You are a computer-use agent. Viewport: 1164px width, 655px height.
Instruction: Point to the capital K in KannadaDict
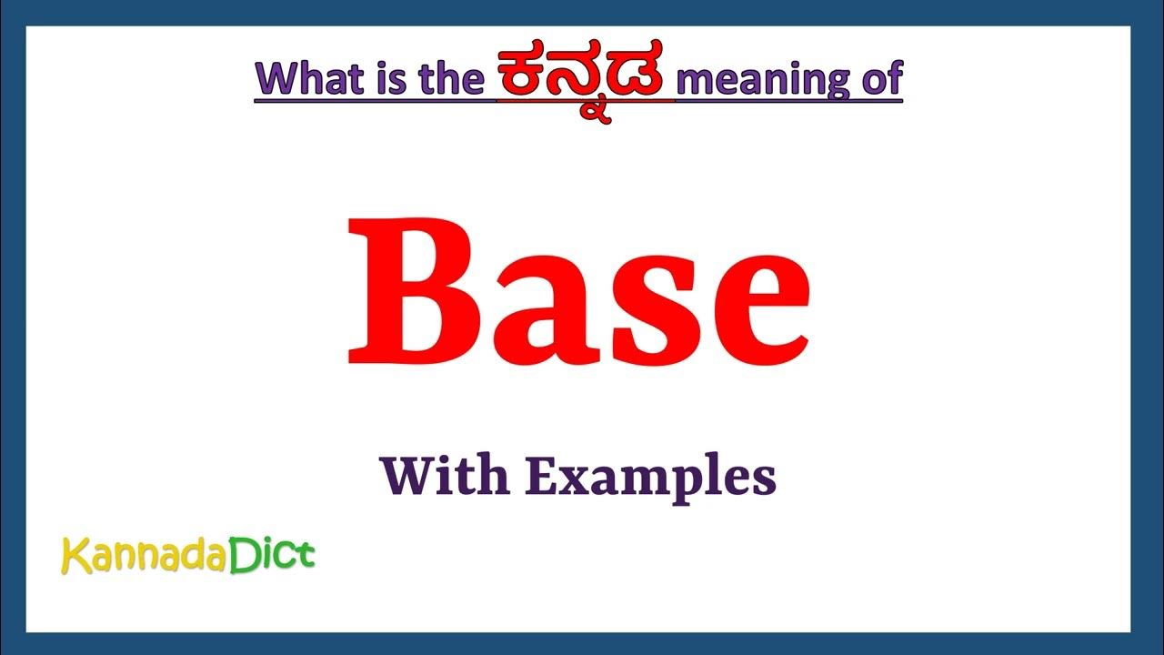point(74,556)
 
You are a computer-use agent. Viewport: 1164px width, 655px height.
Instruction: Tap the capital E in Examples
point(541,477)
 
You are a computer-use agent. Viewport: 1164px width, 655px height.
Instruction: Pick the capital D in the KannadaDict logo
point(242,554)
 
